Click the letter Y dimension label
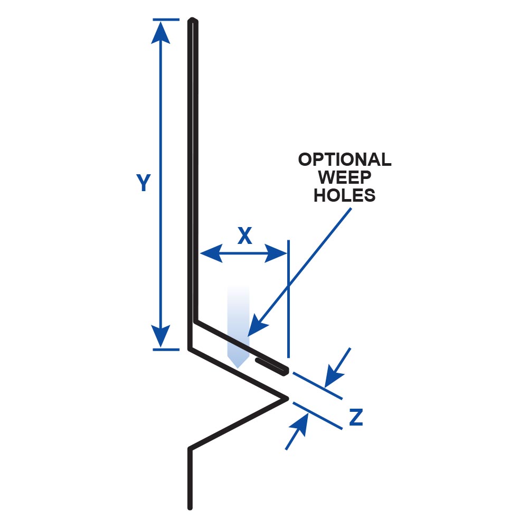click(143, 183)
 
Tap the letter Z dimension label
click(356, 418)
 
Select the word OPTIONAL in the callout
click(345, 159)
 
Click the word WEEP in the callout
click(345, 177)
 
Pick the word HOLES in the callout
click(345, 195)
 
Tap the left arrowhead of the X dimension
click(210, 254)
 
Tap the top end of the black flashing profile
click(193, 21)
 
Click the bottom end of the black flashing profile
click(190, 507)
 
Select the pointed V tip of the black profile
click(287, 398)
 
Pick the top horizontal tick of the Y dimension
click(166, 20)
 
